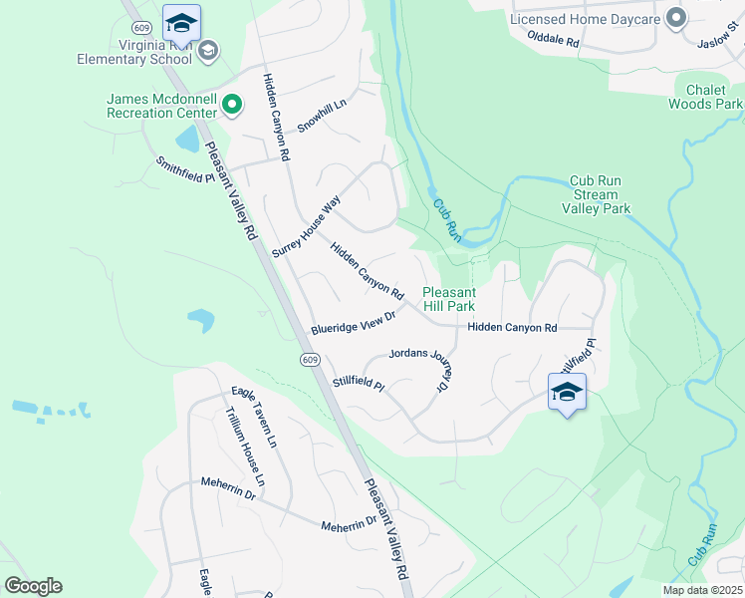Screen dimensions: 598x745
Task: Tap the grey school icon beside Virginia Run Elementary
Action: point(208,51)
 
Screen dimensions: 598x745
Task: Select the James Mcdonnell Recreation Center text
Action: point(162,105)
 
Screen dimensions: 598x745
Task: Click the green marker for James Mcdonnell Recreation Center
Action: point(232,104)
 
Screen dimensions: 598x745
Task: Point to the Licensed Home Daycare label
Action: point(585,18)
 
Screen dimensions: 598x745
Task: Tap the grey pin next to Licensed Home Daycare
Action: point(677,17)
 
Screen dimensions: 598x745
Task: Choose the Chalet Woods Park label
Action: point(705,97)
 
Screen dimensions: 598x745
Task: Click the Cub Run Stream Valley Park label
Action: point(596,195)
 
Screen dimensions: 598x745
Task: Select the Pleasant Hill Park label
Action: point(449,299)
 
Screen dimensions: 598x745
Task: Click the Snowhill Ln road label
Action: point(326,120)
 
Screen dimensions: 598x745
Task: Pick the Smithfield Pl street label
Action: point(184,169)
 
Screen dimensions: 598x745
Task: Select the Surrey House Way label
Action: point(306,227)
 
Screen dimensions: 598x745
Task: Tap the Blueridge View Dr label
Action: point(354,321)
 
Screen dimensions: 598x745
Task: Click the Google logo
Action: point(33,586)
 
